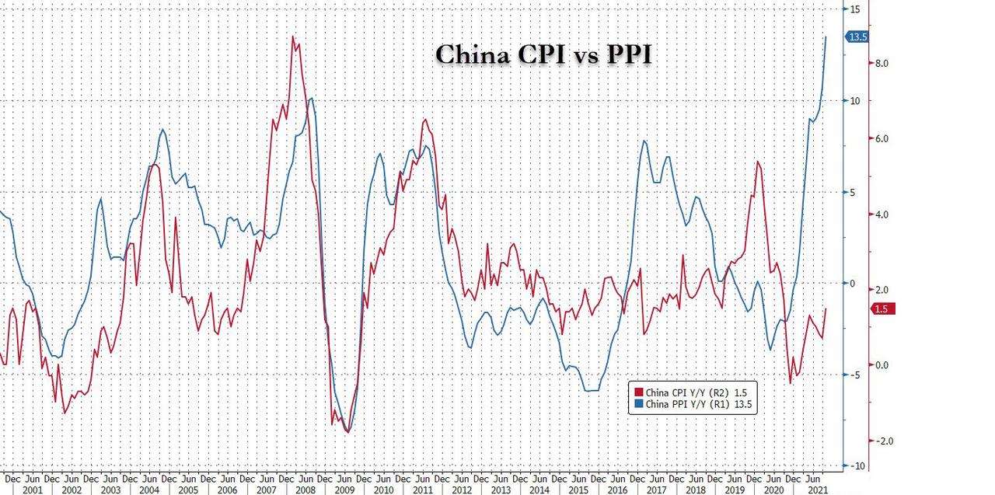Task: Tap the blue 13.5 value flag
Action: point(858,37)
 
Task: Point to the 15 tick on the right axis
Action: point(854,9)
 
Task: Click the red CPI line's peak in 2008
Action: point(293,37)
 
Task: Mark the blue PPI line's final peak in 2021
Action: point(826,37)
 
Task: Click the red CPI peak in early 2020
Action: point(757,161)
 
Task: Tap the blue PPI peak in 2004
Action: point(162,130)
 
